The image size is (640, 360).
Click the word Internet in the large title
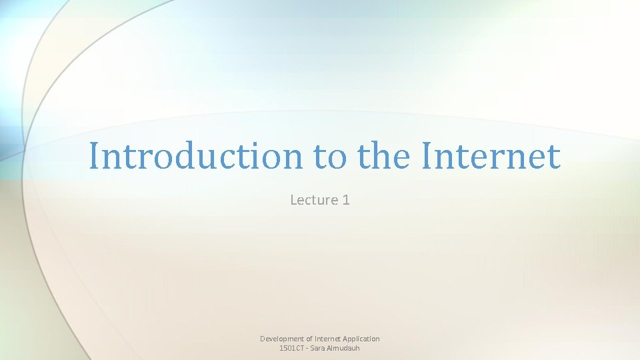pos(491,157)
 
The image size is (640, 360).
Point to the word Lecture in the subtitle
pos(314,199)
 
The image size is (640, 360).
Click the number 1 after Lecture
pos(345,199)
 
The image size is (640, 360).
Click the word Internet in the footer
pos(330,339)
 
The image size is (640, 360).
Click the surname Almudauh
pos(345,348)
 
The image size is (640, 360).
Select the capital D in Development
pos(263,339)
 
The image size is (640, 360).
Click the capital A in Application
pos(347,339)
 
